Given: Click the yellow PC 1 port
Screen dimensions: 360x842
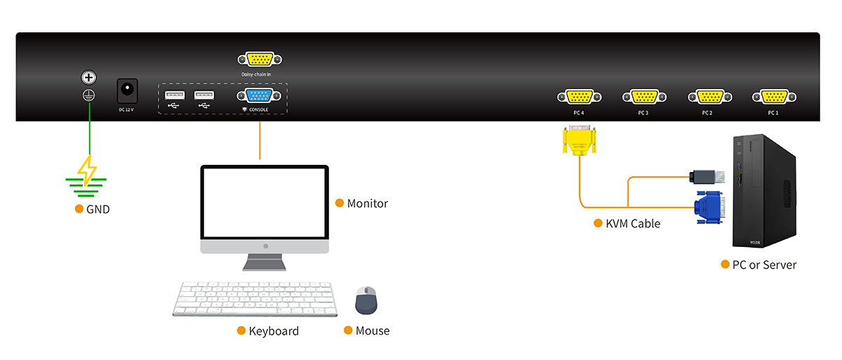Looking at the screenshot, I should tap(773, 98).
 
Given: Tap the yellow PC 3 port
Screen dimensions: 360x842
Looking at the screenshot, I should tap(643, 98).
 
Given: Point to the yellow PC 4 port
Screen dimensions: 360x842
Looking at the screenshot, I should tap(578, 98).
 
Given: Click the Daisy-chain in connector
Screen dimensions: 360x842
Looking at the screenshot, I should tap(260, 60).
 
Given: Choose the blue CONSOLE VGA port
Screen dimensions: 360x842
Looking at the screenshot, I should tap(260, 97).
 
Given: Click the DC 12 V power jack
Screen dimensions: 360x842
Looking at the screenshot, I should tap(127, 90).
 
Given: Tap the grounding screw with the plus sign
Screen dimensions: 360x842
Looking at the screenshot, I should tap(89, 77).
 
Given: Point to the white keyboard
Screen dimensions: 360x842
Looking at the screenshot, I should tap(255, 299).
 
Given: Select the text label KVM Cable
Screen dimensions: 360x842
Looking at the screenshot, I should tap(632, 224).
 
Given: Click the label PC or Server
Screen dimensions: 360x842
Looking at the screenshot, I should tap(764, 265).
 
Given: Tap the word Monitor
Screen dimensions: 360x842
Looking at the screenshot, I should tap(367, 204).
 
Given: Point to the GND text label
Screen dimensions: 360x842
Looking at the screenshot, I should tap(98, 209).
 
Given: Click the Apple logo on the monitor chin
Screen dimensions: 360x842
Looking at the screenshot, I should tap(265, 246).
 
